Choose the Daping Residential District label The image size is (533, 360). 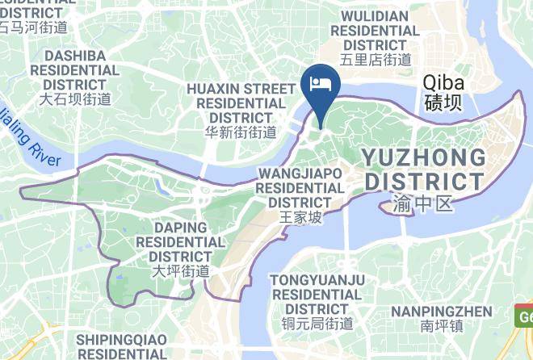pyautogui.click(x=180, y=241)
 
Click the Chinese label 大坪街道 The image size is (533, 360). pyautogui.click(x=180, y=271)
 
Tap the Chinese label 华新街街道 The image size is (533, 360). pyautogui.click(x=241, y=132)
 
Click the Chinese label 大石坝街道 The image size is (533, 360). pyautogui.click(x=75, y=99)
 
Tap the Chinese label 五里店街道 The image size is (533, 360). pyautogui.click(x=376, y=59)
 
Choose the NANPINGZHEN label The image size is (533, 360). pyautogui.click(x=441, y=312)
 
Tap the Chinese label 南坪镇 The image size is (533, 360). pyautogui.click(x=441, y=327)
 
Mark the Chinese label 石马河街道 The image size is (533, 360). pyautogui.click(x=32, y=28)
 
